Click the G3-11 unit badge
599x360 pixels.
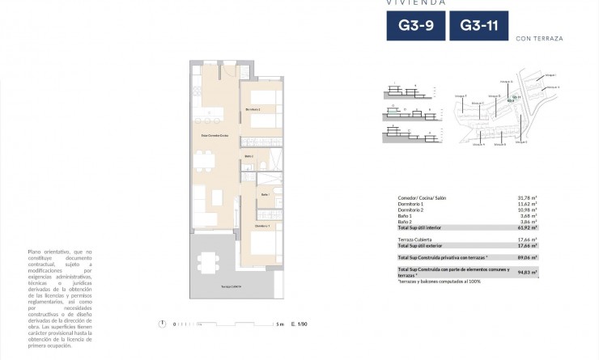pyautogui.click(x=478, y=26)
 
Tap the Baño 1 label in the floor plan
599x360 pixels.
pyautogui.click(x=265, y=195)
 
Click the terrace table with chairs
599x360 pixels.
pyautogui.click(x=208, y=262)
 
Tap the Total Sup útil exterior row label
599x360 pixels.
pyautogui.click(x=424, y=246)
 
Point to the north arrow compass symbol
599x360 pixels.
pyautogui.click(x=163, y=324)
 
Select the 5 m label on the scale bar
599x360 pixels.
pyautogui.click(x=279, y=324)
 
